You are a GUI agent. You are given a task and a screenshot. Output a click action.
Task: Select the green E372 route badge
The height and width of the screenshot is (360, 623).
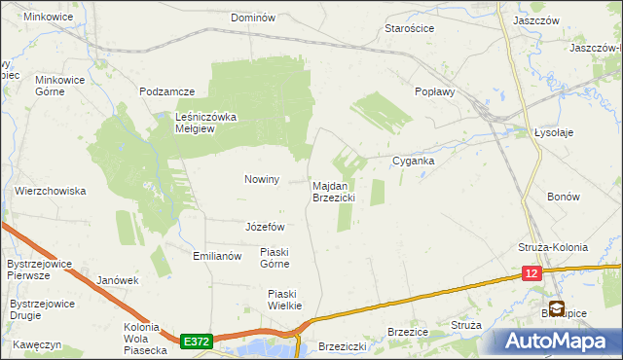tap(196, 341)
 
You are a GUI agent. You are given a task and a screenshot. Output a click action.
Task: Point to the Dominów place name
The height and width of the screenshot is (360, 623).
tap(254, 18)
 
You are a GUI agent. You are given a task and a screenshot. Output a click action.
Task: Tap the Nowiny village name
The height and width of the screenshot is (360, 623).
tap(261, 179)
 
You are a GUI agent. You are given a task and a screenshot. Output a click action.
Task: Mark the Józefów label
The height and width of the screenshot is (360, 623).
tap(265, 227)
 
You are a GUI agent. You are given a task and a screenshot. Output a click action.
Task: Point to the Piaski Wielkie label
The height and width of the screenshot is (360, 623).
tap(285, 299)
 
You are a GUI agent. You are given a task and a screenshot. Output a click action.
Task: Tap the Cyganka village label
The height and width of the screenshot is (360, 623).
tap(413, 161)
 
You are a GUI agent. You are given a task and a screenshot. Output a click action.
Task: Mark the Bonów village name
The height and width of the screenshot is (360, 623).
tap(564, 197)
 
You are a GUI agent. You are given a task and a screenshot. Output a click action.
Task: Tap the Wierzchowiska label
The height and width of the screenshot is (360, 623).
tap(51, 191)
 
